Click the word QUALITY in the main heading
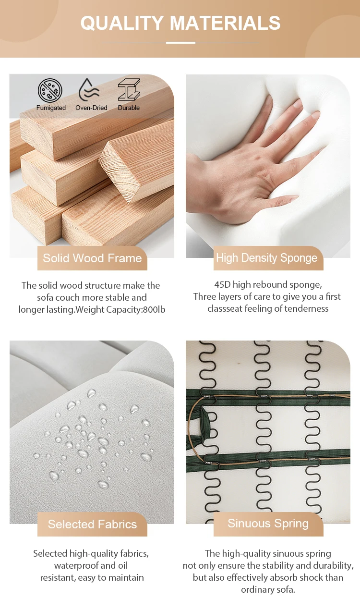(x=122, y=23)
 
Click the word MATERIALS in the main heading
(x=225, y=23)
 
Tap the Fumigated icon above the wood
(x=50, y=91)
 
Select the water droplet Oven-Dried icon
(x=89, y=90)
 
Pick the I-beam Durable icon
(x=129, y=90)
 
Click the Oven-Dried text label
(x=91, y=108)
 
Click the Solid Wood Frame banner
(x=92, y=258)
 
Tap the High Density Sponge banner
(x=268, y=258)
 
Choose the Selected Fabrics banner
(x=92, y=524)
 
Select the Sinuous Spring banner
(x=268, y=524)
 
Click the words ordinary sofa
(x=268, y=590)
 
